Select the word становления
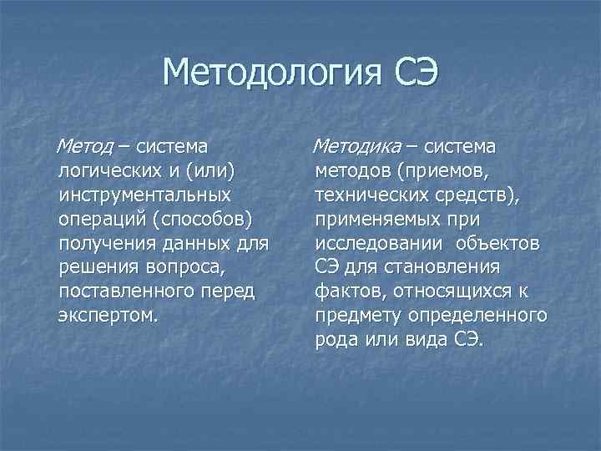point(449,268)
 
